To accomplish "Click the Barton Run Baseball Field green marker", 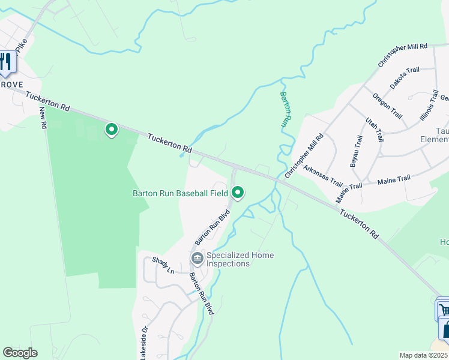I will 238,193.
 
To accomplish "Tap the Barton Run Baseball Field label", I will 180,193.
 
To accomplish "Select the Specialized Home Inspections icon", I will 197,259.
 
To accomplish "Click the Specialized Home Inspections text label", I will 240,259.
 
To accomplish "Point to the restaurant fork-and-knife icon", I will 5,63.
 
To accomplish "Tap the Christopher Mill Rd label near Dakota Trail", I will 402,55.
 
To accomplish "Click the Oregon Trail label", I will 387,106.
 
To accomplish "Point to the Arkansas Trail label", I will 322,176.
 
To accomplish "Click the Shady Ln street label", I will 163,265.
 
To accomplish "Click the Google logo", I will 20,353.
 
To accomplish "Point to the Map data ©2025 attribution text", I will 424,355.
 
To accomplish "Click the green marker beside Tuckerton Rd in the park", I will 111,129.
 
